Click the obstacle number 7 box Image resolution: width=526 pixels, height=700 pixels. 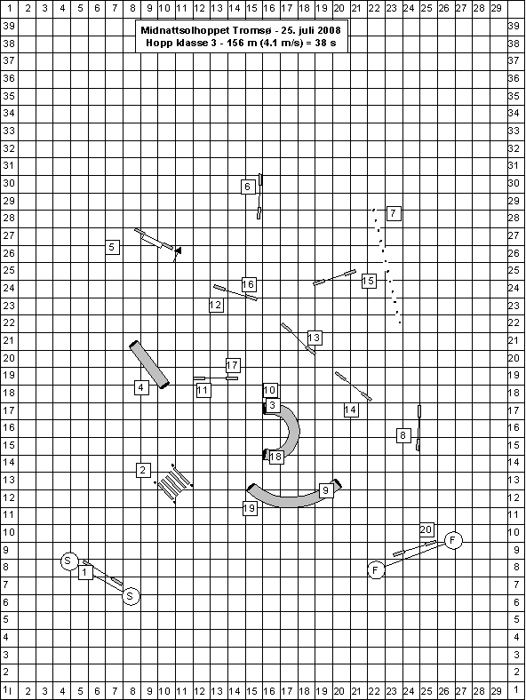(x=393, y=213)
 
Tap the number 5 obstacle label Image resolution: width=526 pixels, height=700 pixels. (x=112, y=246)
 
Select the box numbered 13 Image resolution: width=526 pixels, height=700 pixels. (x=315, y=338)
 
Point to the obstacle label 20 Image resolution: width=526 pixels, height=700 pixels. (x=426, y=529)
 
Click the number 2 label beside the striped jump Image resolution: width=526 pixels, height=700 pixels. (x=143, y=470)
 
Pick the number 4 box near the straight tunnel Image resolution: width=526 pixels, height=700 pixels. (x=141, y=387)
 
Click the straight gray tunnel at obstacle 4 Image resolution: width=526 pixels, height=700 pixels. (x=149, y=365)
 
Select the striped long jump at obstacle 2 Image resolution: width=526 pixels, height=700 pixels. (x=173, y=484)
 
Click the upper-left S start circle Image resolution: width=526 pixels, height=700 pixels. (x=68, y=561)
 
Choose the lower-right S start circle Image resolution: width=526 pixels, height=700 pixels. (x=131, y=596)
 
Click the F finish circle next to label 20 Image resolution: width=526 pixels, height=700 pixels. (x=453, y=540)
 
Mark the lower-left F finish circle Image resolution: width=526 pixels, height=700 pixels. (x=376, y=569)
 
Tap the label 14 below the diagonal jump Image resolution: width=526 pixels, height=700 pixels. (x=351, y=410)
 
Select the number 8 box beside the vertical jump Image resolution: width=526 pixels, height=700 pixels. (x=403, y=435)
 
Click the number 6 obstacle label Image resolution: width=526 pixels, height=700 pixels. (x=248, y=187)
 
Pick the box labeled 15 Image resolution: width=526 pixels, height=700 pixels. (x=369, y=281)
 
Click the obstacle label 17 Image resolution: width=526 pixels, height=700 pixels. (x=232, y=365)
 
